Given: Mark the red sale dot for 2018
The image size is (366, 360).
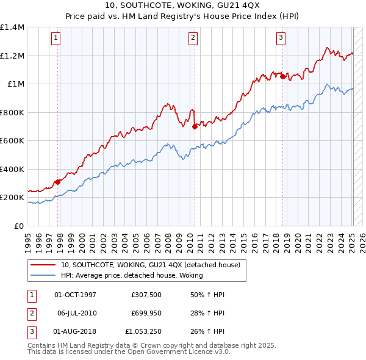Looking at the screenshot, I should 283,76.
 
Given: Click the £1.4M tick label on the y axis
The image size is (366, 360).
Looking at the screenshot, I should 12,27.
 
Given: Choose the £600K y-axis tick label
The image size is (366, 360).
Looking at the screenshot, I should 12,141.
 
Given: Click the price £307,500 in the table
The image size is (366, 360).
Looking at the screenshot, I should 146,294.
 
